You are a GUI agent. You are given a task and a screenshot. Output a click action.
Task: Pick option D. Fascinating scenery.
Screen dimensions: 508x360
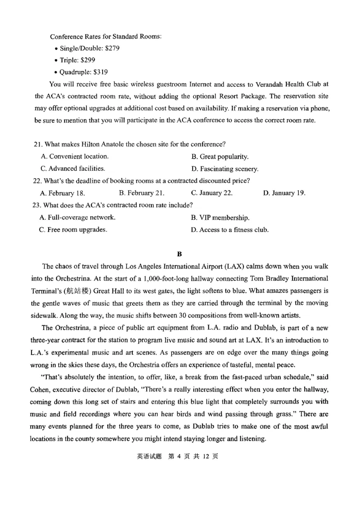point(225,169)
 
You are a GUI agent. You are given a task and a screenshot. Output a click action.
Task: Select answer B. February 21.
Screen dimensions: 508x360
point(141,193)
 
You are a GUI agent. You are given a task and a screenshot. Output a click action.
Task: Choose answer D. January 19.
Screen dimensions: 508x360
point(284,193)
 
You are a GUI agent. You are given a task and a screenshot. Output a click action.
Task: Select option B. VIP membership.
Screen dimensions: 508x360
point(220,218)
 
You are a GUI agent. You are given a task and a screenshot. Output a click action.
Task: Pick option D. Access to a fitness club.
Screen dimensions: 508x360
point(229,230)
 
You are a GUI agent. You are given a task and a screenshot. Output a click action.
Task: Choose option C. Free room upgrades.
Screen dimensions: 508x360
point(73,230)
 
